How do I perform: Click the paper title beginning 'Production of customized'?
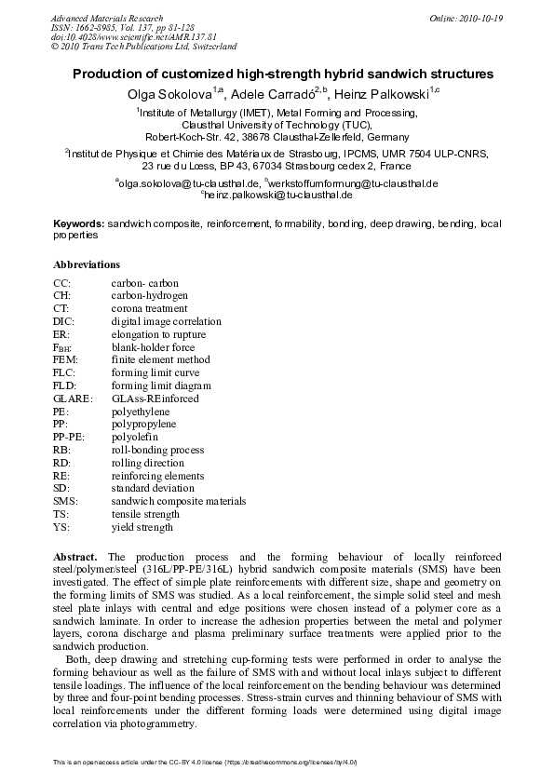pos(282,74)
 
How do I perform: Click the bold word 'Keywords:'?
pos(78,224)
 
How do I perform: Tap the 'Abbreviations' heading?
pos(87,264)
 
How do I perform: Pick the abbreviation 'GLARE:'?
pos(74,398)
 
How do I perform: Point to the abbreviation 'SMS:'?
pos(66,501)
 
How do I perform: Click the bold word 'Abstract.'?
pos(78,556)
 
